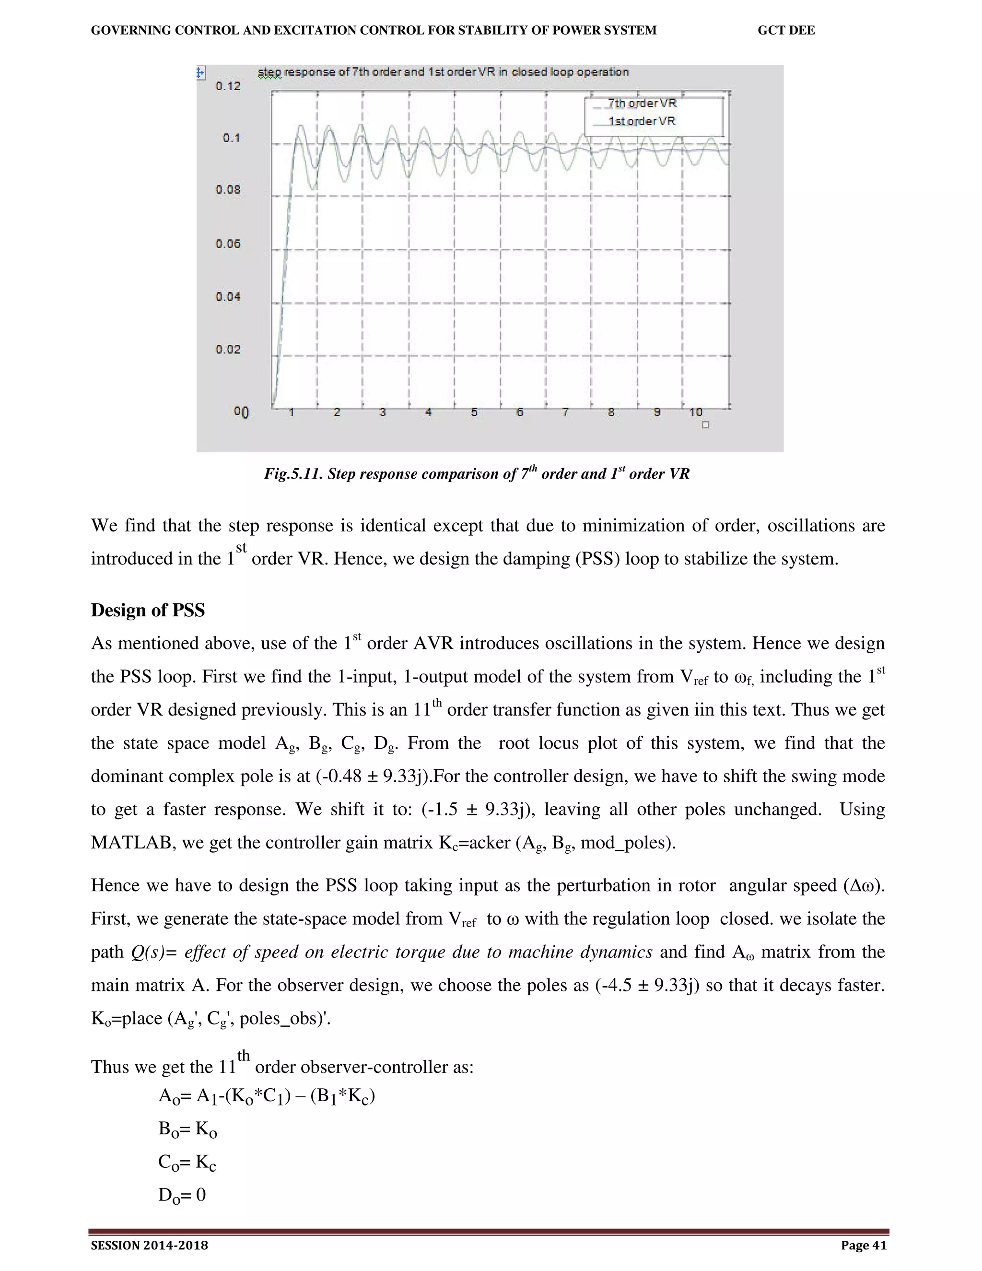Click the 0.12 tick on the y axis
(x=227, y=86)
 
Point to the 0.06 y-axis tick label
(x=227, y=244)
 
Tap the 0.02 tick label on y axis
(x=227, y=349)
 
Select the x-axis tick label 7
(x=565, y=412)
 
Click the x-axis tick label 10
(x=696, y=412)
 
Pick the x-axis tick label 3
(x=383, y=412)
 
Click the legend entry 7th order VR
(x=642, y=104)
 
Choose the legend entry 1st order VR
(x=642, y=121)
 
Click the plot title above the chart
(x=444, y=72)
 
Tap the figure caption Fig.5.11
(x=477, y=474)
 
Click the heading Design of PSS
(x=148, y=610)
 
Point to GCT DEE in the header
(x=786, y=30)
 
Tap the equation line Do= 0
(x=182, y=1195)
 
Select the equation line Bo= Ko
(x=188, y=1129)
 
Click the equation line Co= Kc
(x=187, y=1162)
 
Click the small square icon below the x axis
(x=706, y=425)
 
